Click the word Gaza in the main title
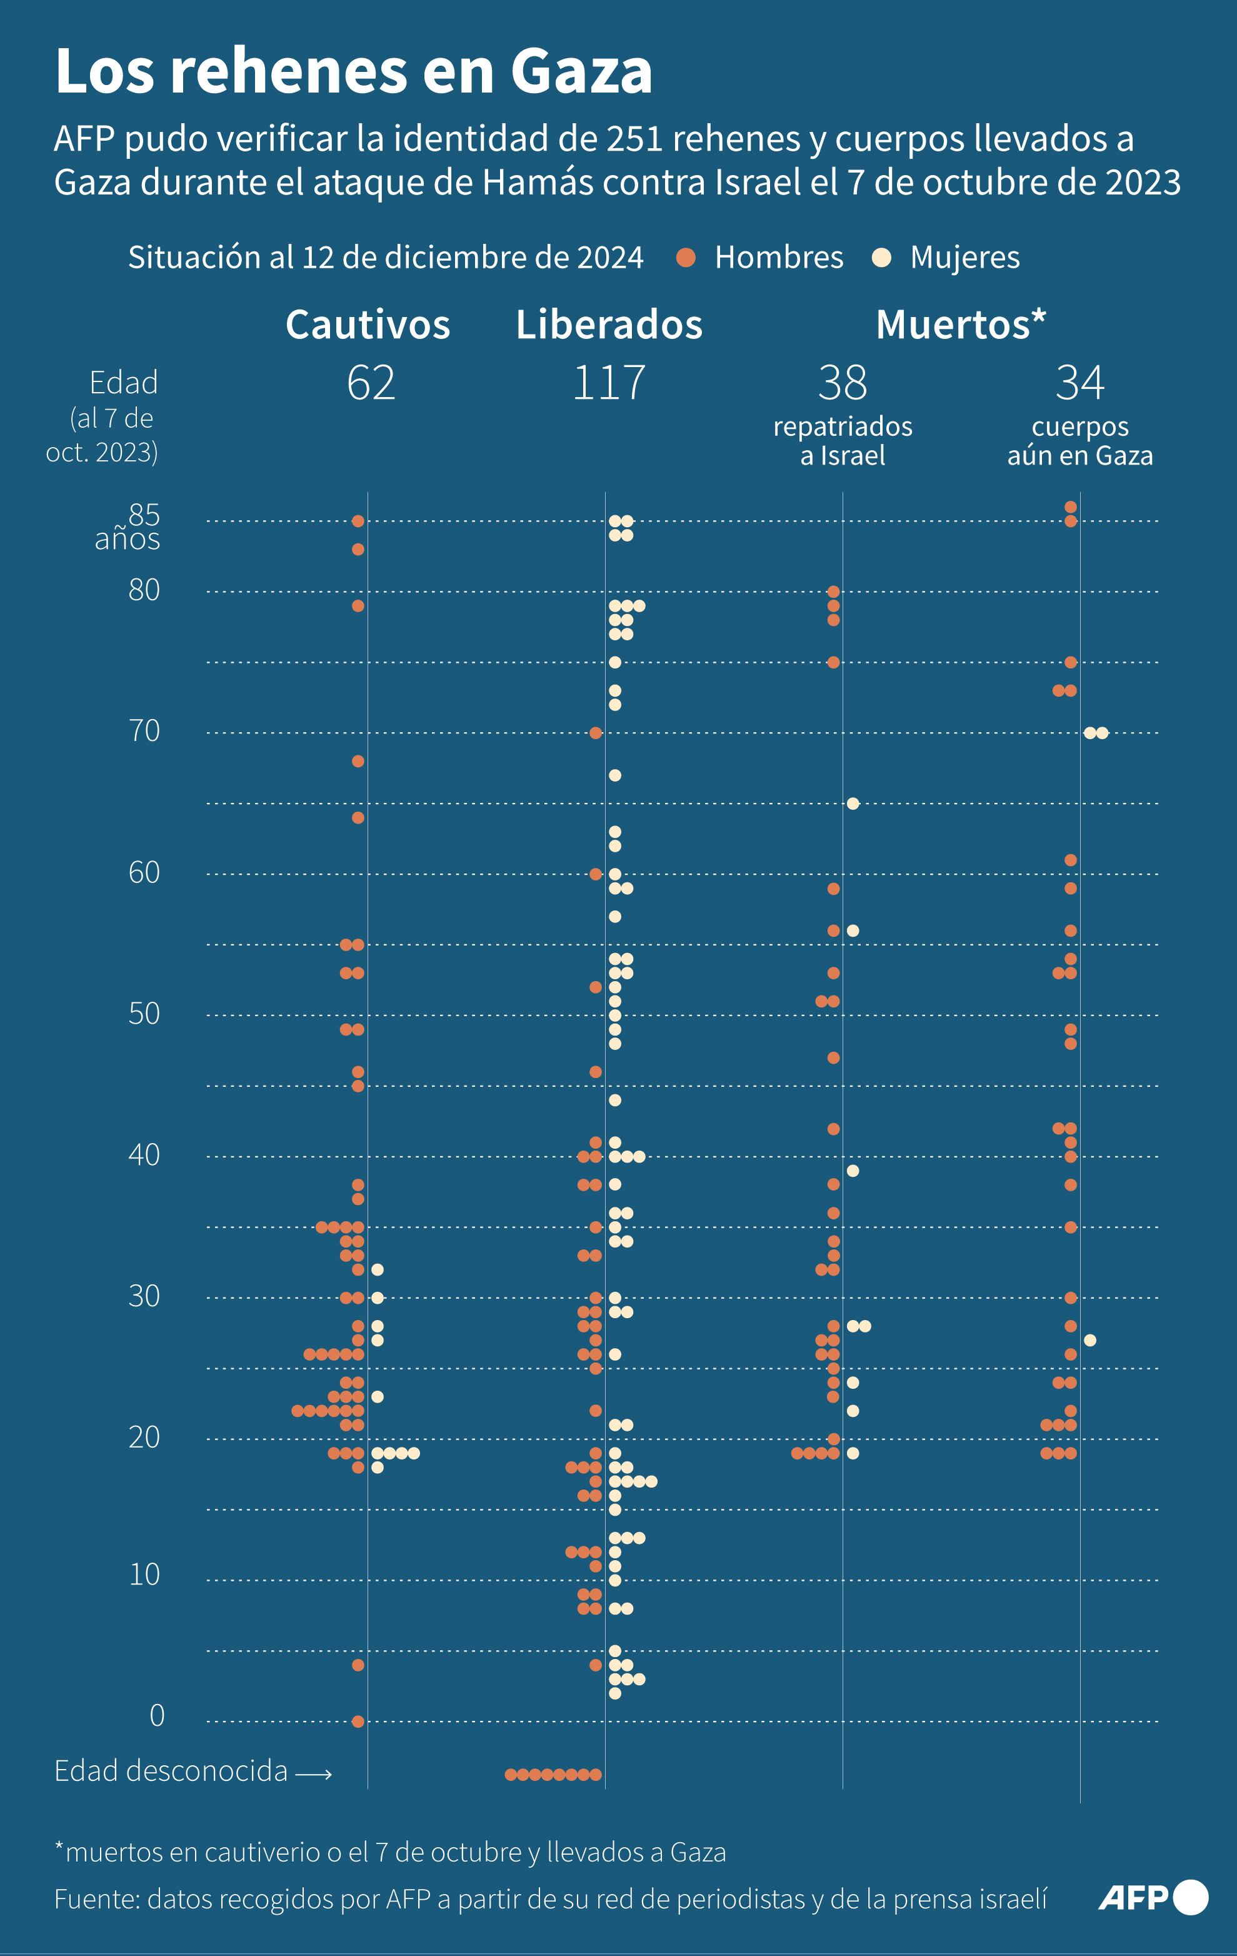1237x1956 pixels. [x=581, y=71]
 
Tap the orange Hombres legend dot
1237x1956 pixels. [x=686, y=258]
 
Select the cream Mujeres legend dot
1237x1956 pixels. [x=881, y=258]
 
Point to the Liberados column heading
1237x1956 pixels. [x=609, y=325]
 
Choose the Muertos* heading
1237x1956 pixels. [x=960, y=325]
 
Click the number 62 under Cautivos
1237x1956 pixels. [x=371, y=383]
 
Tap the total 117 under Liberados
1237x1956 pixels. [x=609, y=383]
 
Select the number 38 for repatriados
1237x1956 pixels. [x=842, y=383]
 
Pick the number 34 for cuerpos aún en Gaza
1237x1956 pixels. [x=1079, y=383]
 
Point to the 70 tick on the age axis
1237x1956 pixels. [x=144, y=731]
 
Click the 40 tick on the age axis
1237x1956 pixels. [x=144, y=1154]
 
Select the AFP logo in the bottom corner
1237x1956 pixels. [x=1152, y=1898]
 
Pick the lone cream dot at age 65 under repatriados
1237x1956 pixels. [x=853, y=804]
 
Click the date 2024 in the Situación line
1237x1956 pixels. [x=610, y=258]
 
